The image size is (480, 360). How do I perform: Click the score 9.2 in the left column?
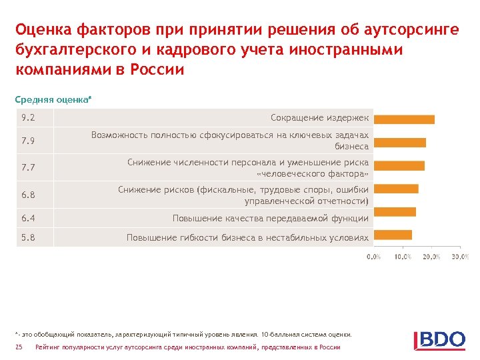click(x=28, y=118)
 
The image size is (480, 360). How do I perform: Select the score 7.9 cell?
click(x=28, y=141)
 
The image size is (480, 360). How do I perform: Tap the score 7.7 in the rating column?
click(x=28, y=167)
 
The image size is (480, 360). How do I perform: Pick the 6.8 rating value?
click(x=28, y=195)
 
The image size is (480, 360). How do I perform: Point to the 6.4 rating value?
click(x=28, y=218)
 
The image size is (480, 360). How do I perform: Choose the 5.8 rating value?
click(x=28, y=237)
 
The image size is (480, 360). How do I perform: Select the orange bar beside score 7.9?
click(x=399, y=142)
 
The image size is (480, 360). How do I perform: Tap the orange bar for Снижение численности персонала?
click(x=399, y=165)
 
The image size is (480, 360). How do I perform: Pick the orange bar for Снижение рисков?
click(x=396, y=189)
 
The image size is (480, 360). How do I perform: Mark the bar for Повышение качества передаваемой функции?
click(x=395, y=211)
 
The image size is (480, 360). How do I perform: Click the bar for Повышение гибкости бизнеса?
click(x=393, y=235)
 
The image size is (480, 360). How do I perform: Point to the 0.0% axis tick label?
click(x=374, y=257)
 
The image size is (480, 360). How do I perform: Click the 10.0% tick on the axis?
click(x=403, y=257)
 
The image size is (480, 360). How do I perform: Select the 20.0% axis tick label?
click(x=431, y=257)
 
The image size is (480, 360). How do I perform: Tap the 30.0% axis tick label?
click(x=460, y=257)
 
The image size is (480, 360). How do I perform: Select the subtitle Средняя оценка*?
click(x=53, y=99)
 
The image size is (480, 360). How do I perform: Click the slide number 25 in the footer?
click(x=19, y=347)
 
